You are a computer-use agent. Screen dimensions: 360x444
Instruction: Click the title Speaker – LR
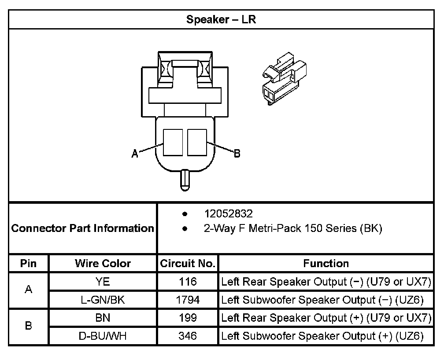click(221, 20)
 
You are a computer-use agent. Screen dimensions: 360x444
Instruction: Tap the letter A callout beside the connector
click(135, 154)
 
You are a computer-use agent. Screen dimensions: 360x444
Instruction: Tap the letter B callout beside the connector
click(237, 154)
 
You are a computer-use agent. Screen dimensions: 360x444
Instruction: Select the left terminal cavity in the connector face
click(173, 142)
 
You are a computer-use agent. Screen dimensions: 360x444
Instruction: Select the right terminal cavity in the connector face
click(197, 142)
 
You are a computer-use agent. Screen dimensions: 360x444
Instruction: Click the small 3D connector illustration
click(281, 81)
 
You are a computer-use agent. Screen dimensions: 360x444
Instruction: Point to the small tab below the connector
click(185, 179)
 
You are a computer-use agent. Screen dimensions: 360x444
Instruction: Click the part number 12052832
click(228, 214)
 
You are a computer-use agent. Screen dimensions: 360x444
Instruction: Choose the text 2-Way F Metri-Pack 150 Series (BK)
click(292, 228)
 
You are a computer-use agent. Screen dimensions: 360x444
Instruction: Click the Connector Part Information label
click(82, 228)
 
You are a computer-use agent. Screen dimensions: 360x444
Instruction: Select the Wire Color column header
click(103, 264)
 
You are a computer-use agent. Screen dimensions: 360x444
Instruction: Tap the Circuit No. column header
click(188, 264)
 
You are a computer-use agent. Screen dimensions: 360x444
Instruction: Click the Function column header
click(326, 264)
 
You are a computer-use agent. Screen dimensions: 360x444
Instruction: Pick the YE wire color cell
click(103, 282)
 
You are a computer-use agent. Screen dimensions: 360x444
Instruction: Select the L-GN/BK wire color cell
click(103, 300)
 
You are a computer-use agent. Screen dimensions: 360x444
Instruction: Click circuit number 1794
click(188, 300)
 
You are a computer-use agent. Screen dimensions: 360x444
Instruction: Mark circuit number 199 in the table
click(188, 318)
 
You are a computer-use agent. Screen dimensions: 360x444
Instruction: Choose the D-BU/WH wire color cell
click(103, 336)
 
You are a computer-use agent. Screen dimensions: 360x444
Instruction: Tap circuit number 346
click(188, 336)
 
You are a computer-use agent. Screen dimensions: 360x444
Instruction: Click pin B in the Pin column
click(29, 327)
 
